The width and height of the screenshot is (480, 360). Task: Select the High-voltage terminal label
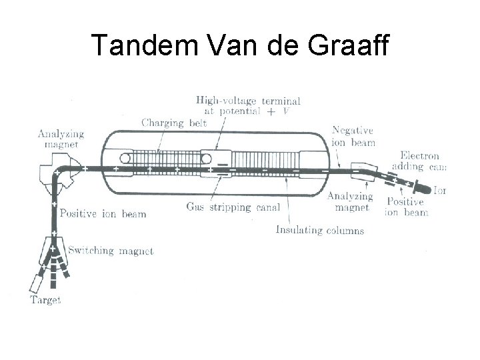(x=247, y=106)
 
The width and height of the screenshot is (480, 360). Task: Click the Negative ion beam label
(x=353, y=137)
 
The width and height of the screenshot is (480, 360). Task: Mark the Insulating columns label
(x=319, y=230)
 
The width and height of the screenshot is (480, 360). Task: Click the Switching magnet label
(x=111, y=251)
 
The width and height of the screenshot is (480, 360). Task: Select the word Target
(x=45, y=300)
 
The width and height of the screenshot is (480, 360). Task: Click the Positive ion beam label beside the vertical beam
(x=103, y=214)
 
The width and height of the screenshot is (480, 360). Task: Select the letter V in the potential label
(x=286, y=111)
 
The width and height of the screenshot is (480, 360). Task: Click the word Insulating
(x=297, y=230)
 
